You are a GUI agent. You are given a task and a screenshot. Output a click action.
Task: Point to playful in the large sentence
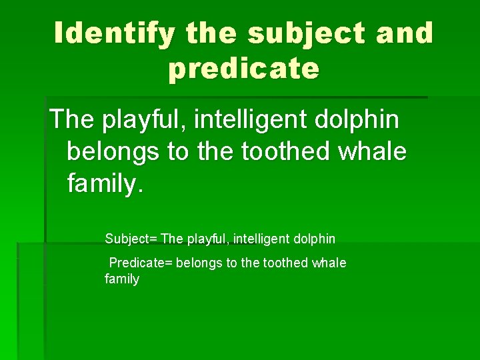[x=144, y=120]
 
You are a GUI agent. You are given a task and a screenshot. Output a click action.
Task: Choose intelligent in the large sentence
[x=249, y=120]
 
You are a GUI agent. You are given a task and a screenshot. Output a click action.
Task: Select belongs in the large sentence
[x=113, y=151]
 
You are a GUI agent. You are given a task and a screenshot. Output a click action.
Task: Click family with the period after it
[x=105, y=182]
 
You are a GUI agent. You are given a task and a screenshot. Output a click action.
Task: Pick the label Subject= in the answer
[x=131, y=239]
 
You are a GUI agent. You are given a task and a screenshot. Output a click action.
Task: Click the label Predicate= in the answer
[x=141, y=263]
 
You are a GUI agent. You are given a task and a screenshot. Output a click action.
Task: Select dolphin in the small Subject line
[x=315, y=239]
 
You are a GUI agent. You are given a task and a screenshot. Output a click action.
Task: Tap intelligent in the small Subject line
[x=264, y=239]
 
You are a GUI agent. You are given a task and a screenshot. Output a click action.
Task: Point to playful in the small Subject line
[x=211, y=239]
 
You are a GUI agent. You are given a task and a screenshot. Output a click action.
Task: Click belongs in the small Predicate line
[x=199, y=263]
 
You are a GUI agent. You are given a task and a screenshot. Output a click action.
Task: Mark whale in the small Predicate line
[x=331, y=263]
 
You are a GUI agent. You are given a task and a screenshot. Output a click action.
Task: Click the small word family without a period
[x=122, y=279]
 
